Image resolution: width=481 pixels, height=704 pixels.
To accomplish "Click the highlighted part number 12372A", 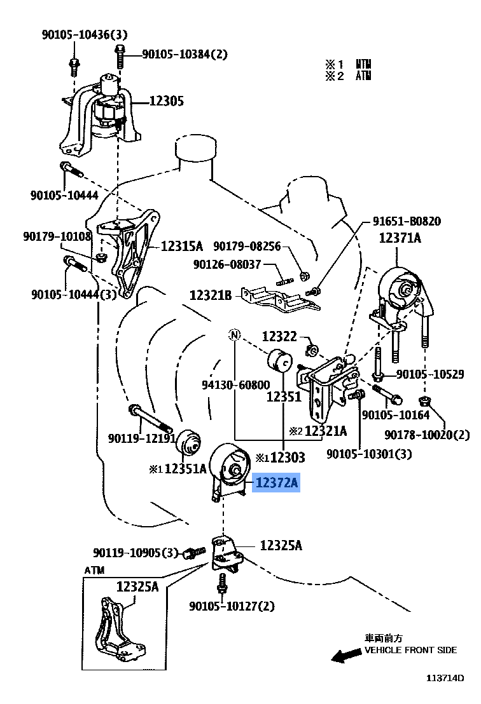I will (276, 484).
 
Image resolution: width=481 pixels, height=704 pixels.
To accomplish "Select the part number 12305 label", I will (167, 100).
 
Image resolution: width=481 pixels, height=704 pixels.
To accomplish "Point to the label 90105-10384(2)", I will (184, 55).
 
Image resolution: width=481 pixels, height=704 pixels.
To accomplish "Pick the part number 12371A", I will (400, 238).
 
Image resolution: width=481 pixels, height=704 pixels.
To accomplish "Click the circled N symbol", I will (235, 335).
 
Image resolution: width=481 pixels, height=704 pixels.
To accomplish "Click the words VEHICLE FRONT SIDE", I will (410, 651).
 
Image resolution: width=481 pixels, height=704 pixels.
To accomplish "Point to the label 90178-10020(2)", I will (426, 435).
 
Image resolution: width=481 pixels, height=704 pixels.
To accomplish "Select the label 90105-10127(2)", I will (232, 606).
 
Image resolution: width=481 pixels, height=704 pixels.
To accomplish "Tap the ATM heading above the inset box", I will (94, 570).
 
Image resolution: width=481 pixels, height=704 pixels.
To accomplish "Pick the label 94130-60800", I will (235, 385).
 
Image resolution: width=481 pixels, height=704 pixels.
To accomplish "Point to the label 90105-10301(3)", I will (369, 454).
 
